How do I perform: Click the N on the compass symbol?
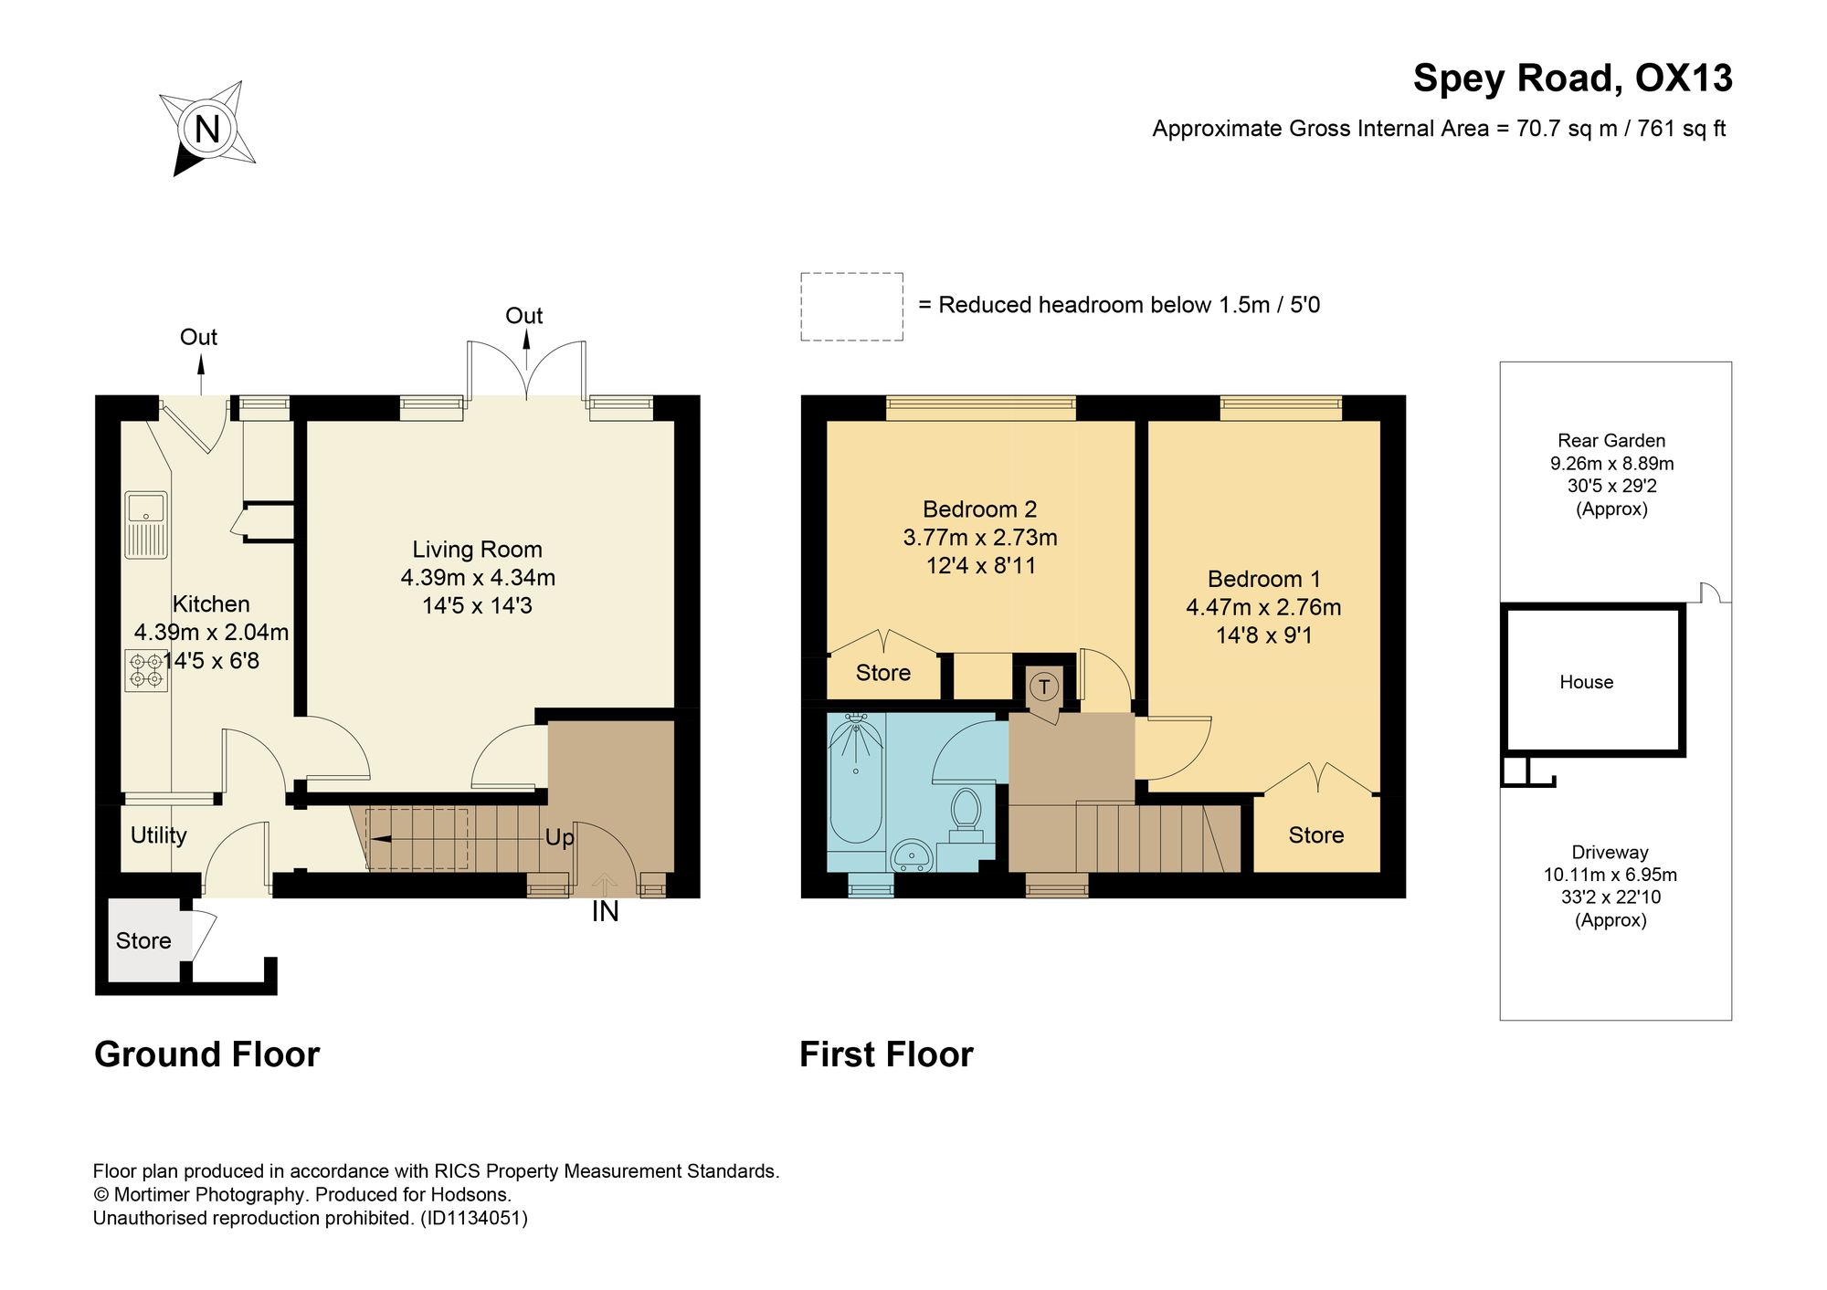[207, 129]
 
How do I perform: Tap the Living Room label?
[477, 550]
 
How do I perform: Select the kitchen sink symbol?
[146, 525]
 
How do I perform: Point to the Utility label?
[159, 835]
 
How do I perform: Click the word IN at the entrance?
[606, 911]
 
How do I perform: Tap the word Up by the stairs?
[559, 837]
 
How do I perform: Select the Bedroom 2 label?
[979, 509]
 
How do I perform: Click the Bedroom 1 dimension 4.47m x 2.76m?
[1263, 607]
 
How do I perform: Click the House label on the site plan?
[1586, 682]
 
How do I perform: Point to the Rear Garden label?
[1611, 440]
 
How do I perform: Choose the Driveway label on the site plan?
[1610, 852]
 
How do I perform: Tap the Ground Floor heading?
[207, 1054]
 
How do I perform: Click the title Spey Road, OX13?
[1572, 78]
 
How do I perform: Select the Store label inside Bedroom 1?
[1316, 835]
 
